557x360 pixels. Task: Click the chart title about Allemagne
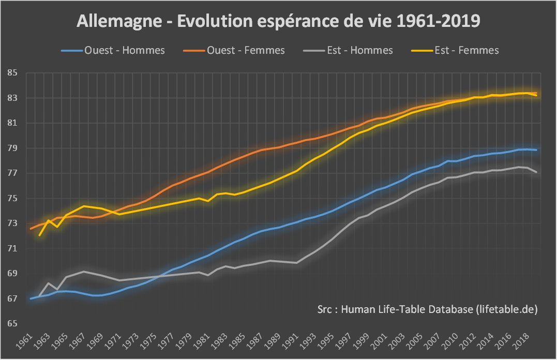279,22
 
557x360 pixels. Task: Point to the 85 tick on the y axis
11,73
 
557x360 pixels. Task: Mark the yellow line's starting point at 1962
40,235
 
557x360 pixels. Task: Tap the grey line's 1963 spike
49,283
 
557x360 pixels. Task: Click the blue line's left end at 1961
31,298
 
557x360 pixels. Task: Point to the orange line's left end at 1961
31,228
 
